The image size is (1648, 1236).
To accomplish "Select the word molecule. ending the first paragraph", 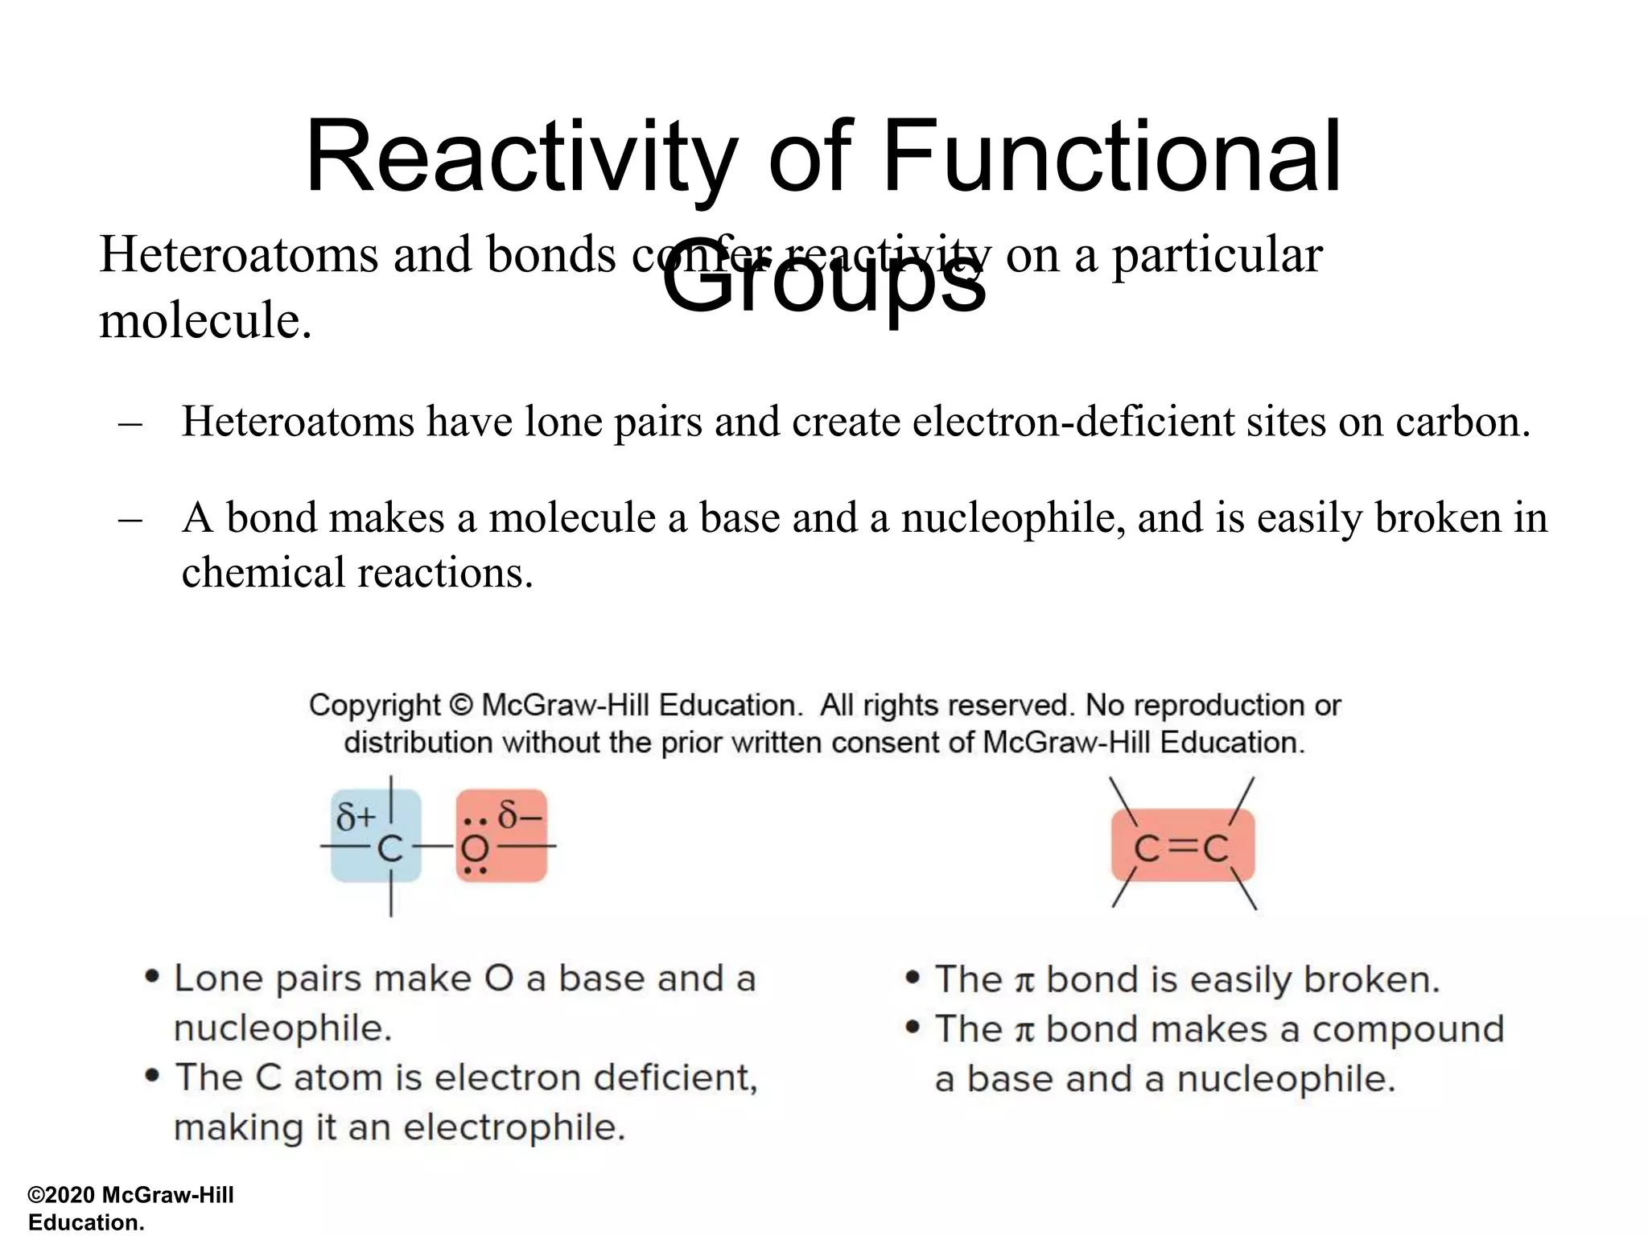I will click(205, 321).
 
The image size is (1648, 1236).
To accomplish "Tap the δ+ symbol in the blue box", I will click(356, 818).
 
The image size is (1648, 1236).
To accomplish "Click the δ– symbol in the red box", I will click(520, 815).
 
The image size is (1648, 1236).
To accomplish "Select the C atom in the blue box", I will click(390, 848).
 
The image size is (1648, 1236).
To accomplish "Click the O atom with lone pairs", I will click(476, 848).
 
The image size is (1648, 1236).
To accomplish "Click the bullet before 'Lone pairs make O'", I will click(151, 977).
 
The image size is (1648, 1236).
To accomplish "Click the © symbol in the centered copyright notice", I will click(460, 706).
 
